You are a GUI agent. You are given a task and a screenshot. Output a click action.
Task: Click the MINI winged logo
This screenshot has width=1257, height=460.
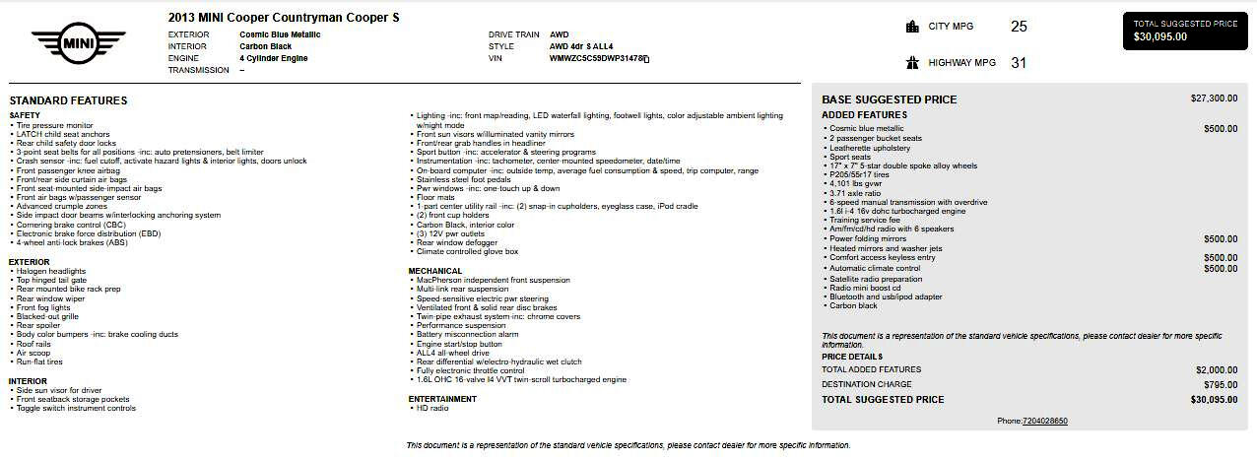point(79,43)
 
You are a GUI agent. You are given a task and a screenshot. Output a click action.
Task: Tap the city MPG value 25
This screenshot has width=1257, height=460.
point(1019,27)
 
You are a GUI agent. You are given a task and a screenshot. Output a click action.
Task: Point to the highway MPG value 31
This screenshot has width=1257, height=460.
point(1019,63)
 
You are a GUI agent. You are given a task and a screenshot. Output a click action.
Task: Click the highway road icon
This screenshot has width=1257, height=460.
point(912,63)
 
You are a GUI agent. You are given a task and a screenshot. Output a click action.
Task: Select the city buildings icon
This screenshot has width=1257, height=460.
point(912,27)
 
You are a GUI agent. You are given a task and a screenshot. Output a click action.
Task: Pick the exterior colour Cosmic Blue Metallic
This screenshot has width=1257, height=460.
point(280,34)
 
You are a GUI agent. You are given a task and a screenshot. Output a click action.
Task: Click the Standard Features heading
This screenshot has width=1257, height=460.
point(68,100)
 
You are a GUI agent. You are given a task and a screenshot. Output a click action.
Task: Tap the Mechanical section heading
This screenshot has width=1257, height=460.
point(435,271)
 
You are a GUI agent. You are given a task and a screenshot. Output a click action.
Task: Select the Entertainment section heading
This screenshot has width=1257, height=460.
point(442,399)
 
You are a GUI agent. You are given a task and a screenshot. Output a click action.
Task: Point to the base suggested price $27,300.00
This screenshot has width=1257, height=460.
point(1214,99)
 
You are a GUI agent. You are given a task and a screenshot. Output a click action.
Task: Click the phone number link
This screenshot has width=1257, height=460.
point(1045,421)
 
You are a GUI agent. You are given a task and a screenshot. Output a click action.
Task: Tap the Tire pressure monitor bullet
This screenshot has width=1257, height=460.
point(55,125)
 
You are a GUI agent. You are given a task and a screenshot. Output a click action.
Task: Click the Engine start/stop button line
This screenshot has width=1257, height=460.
point(459,344)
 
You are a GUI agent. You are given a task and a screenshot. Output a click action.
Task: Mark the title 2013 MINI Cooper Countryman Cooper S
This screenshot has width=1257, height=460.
point(284,18)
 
